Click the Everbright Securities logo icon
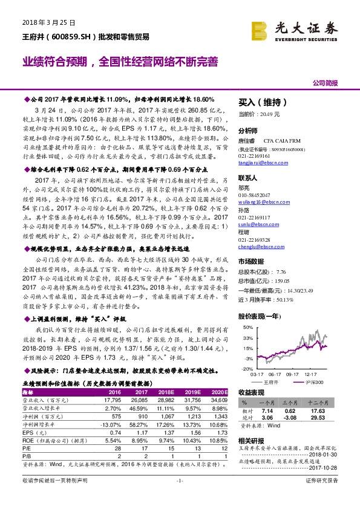click(261, 29)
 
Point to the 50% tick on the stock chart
click(246, 327)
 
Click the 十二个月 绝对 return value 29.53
click(332, 417)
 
